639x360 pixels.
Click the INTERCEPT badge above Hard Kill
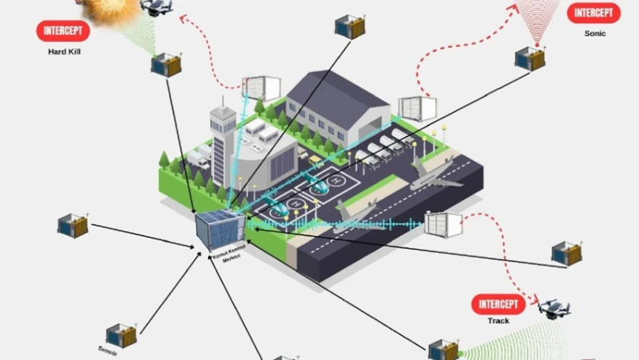click(63, 31)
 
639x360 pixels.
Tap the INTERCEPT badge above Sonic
click(593, 13)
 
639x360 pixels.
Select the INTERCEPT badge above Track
click(498, 305)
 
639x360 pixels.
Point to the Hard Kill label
click(64, 52)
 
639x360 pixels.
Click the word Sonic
click(595, 33)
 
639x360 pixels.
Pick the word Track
click(499, 321)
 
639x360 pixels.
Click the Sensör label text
click(109, 350)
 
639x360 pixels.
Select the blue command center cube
click(220, 231)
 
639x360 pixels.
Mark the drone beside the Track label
click(553, 308)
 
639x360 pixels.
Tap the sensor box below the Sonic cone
click(530, 58)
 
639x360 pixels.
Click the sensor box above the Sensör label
click(121, 334)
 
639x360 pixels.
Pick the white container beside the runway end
click(443, 224)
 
